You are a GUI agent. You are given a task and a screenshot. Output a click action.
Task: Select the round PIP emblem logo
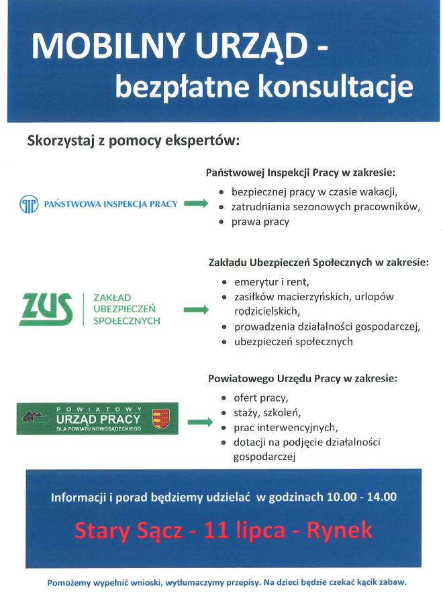click(x=28, y=203)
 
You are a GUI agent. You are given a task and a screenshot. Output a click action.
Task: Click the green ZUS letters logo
click(x=46, y=310)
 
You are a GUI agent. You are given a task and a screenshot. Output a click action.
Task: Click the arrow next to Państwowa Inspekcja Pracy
click(x=195, y=203)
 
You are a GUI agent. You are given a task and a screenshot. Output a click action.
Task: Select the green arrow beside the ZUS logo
click(x=195, y=310)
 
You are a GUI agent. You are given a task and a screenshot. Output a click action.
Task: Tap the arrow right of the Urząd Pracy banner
click(x=198, y=422)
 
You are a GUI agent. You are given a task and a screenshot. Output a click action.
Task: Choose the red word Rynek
click(x=339, y=531)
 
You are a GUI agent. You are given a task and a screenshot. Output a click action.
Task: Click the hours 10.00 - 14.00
click(x=362, y=498)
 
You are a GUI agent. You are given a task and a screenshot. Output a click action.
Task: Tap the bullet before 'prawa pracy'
click(x=222, y=222)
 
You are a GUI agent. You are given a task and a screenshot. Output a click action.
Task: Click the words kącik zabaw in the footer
click(x=382, y=582)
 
